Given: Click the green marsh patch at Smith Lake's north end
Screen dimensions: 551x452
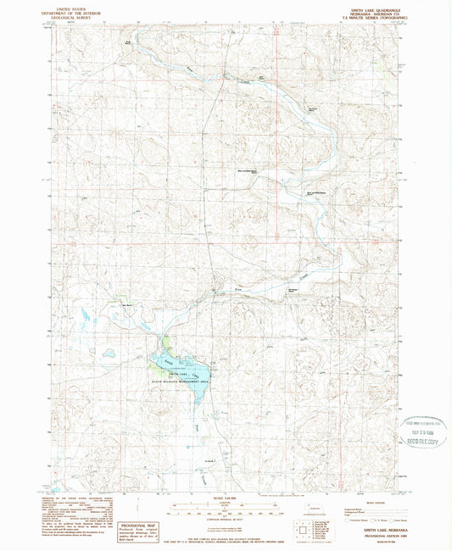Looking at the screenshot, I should pos(169,345).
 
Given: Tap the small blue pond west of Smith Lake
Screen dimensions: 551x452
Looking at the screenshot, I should pos(109,353).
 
